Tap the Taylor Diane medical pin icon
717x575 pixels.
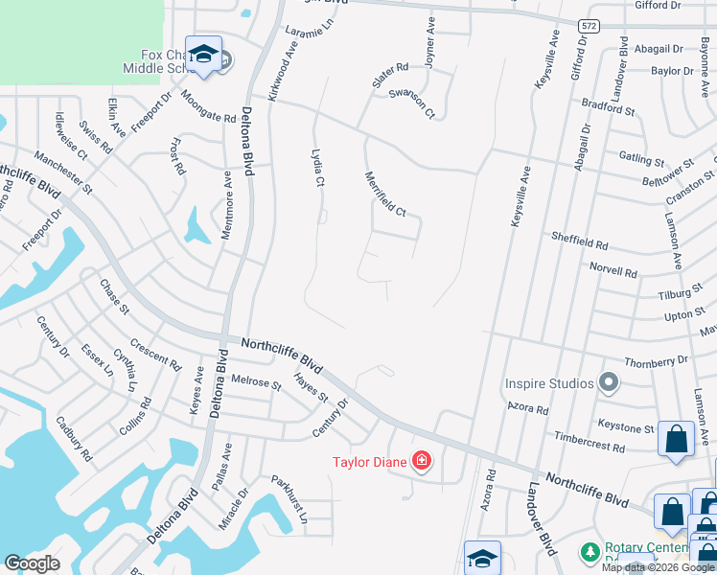tap(420, 462)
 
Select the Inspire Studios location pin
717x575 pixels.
tap(608, 383)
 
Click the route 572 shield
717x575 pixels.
tap(589, 27)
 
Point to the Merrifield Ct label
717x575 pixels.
tap(385, 193)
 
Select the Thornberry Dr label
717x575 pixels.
tap(656, 361)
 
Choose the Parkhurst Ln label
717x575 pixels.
tap(289, 498)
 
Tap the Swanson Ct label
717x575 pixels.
tap(412, 104)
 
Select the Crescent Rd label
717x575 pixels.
tap(155, 355)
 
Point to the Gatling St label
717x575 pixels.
tap(641, 158)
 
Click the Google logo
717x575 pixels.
tap(32, 563)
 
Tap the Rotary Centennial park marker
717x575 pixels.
tap(589, 553)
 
